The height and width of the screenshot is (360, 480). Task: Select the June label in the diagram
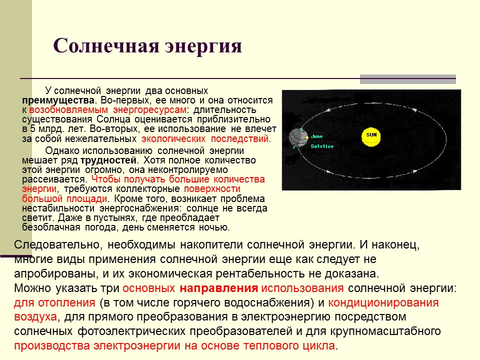[x=317, y=136]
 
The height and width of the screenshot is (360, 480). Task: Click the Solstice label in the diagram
[x=321, y=146]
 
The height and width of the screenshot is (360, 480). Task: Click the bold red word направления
[x=218, y=288]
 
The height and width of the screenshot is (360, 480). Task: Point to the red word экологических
[x=173, y=138]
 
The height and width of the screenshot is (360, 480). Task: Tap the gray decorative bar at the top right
[x=408, y=79]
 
